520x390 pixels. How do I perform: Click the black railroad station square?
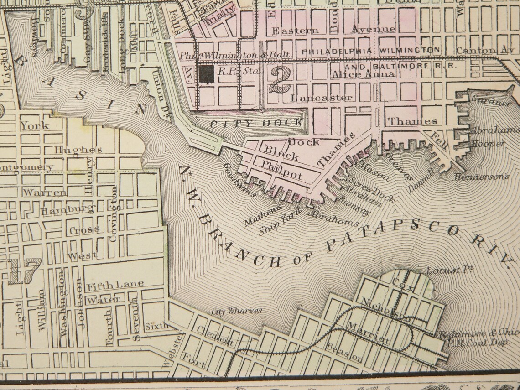point(206,74)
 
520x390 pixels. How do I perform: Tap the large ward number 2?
point(279,79)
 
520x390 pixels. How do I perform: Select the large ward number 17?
point(25,271)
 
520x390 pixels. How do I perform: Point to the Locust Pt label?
point(449,270)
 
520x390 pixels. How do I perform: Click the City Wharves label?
point(237,311)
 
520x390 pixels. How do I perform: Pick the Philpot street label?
point(282,175)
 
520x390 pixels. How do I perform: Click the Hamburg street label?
point(67,210)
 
